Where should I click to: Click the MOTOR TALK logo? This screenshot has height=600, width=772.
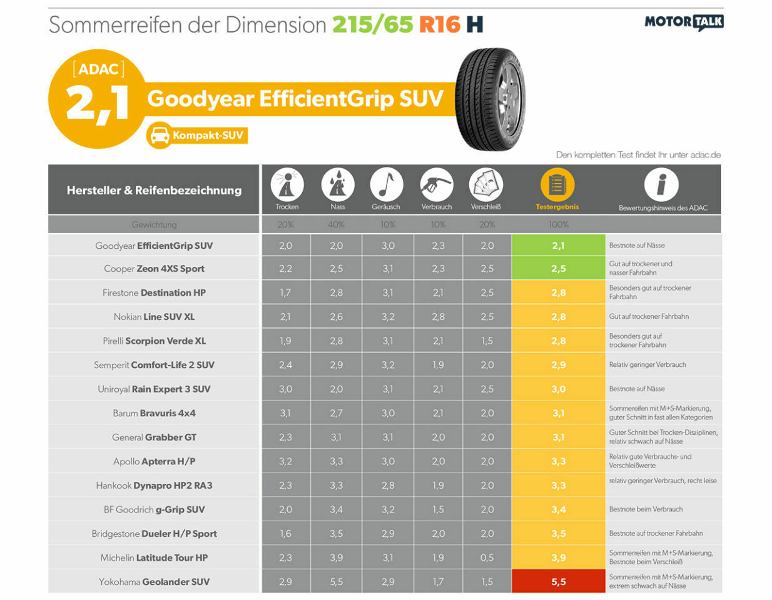(684, 22)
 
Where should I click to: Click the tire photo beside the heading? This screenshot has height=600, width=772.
(490, 100)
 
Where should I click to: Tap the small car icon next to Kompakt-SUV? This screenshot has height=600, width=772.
(160, 135)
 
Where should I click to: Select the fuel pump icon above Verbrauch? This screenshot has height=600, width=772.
(437, 184)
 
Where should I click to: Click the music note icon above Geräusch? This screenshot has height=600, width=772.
(386, 184)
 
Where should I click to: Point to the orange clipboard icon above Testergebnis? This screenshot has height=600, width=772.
(557, 184)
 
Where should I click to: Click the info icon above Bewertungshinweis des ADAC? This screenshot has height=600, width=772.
(661, 184)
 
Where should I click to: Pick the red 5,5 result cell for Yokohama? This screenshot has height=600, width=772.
(558, 581)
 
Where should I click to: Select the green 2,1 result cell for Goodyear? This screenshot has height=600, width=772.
(558, 245)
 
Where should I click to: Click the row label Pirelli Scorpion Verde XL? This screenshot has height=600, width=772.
(154, 341)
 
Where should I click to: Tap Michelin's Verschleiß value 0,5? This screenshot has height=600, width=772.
(487, 557)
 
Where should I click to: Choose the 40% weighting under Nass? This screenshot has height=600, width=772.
(336, 224)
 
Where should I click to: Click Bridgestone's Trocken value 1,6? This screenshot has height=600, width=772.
(285, 533)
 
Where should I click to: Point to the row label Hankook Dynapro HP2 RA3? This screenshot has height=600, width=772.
(154, 485)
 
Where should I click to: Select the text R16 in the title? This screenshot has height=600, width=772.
(439, 25)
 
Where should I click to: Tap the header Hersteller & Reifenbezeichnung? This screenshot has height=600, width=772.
(154, 190)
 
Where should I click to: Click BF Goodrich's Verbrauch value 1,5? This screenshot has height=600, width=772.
(438, 509)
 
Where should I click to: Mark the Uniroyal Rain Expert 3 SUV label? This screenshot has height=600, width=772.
(154, 389)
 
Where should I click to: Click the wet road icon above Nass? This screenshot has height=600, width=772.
(337, 184)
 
